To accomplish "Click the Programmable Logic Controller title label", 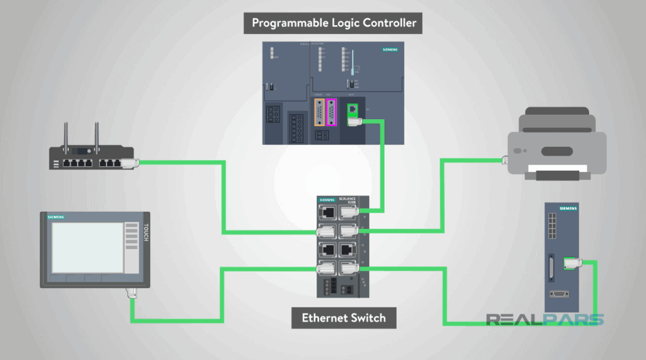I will click(334, 23).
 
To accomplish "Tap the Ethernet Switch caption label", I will click(344, 318).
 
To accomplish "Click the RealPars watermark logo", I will click(544, 320).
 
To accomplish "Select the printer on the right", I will click(558, 145).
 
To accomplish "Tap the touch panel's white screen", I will click(87, 248).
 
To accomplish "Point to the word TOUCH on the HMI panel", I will click(146, 233).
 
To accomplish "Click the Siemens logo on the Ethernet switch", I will click(328, 200).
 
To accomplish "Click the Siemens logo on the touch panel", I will click(56, 217).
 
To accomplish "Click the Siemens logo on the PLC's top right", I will click(390, 49).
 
